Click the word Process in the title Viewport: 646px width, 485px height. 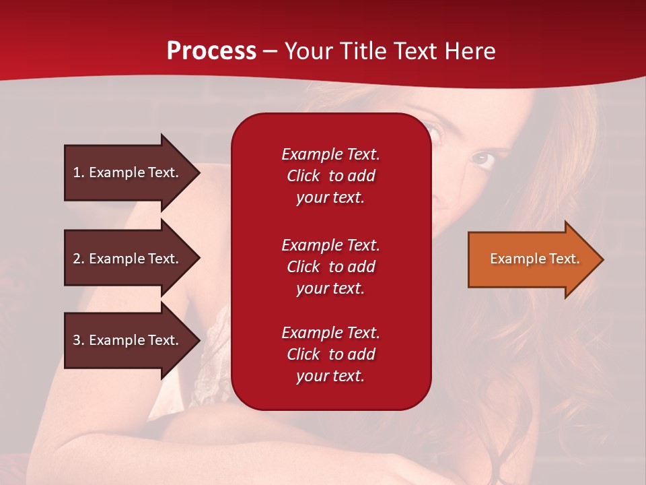[211, 51]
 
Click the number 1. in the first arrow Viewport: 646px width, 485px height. [78, 172]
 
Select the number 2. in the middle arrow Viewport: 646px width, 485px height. [78, 259]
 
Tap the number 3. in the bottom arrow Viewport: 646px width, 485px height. [78, 340]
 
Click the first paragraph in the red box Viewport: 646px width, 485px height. [330, 176]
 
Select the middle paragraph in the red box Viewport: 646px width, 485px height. [330, 267]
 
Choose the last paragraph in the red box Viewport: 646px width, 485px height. [330, 354]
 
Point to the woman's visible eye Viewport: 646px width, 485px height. [482, 158]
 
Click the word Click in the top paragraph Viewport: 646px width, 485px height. [303, 176]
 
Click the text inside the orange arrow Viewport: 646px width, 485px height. [535, 259]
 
